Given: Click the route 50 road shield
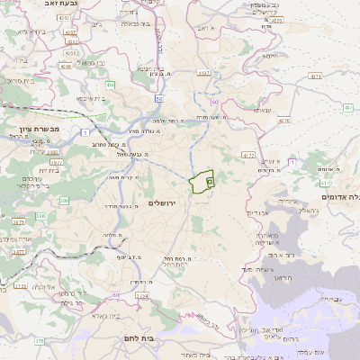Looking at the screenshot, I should [158, 98].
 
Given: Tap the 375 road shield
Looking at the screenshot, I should [40, 341].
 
